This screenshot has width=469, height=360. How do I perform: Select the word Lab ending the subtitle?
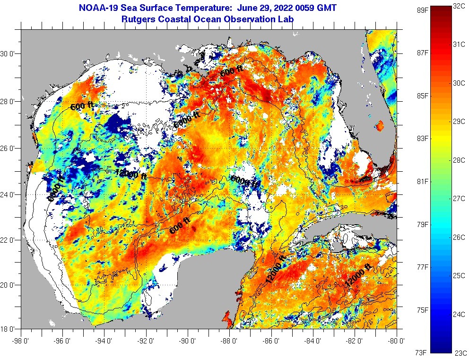click(x=286, y=19)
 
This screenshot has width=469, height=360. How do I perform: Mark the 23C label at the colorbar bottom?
click(x=460, y=352)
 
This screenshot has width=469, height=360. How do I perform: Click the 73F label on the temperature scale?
click(x=421, y=352)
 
